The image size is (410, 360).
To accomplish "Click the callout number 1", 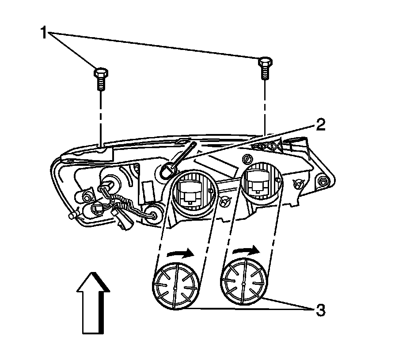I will pyautogui.click(x=44, y=33).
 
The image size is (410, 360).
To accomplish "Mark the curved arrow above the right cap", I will pyautogui.click(x=247, y=251).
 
